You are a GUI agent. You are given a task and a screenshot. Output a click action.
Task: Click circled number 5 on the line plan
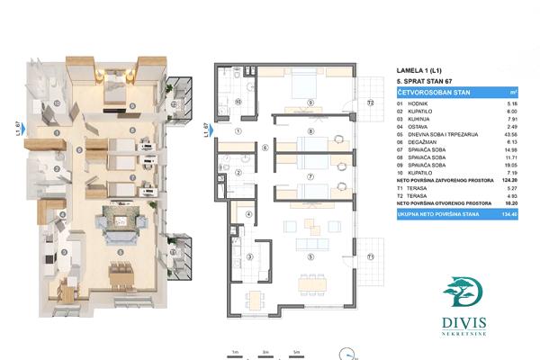[x=311, y=256]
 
